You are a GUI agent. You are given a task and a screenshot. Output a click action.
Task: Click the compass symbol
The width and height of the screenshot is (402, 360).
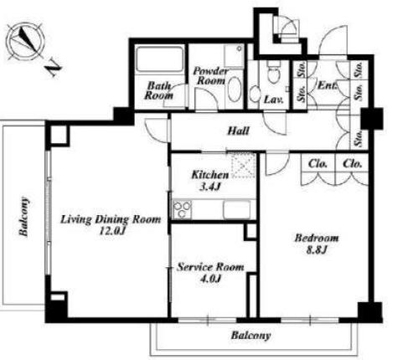pos(25,42)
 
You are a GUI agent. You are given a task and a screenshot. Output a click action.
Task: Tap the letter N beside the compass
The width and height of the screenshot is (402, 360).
pos(54,68)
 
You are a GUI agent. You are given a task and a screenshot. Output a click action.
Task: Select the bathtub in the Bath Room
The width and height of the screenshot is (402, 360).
pos(159,59)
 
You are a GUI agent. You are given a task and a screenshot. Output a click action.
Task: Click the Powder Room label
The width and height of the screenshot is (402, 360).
pos(210,75)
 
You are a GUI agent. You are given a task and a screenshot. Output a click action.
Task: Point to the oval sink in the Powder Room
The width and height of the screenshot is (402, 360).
pos(234,90)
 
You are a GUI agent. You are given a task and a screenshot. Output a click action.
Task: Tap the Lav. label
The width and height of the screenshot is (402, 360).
pos(274,99)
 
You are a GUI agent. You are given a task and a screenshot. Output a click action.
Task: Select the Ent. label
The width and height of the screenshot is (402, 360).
pos(327,85)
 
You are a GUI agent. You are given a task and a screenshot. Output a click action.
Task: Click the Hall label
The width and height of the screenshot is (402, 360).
pos(238,131)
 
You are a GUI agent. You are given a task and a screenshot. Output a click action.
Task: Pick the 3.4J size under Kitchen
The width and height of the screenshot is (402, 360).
pos(210,187)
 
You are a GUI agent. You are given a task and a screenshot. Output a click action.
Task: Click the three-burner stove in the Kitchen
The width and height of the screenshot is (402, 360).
pos(182,209)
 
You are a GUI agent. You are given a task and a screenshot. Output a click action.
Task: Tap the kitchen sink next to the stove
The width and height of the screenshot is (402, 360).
pos(236,209)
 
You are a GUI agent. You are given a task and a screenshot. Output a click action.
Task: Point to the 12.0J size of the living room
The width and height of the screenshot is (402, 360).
pos(111,231)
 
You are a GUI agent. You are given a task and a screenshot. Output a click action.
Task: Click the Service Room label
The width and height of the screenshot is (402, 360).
pos(210,267)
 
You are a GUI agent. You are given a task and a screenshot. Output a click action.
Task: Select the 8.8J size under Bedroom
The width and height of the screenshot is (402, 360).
pos(316,249)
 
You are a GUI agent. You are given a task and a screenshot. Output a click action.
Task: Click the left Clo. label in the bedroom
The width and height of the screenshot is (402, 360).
pos(317,163)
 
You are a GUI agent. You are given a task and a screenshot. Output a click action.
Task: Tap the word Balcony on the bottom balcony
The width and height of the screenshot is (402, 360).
pos(250,335)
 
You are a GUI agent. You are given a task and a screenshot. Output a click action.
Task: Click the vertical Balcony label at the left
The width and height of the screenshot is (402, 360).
pos(24,217)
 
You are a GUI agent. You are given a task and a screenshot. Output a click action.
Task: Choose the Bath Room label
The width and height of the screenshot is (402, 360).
pos(158,90)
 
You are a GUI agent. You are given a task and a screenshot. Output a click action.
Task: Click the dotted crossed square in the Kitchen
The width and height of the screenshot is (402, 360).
pos(244,165)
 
